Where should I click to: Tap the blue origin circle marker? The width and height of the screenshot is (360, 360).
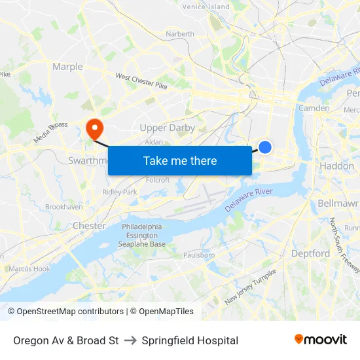tap(265, 147)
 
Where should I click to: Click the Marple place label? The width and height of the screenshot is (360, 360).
tap(67, 67)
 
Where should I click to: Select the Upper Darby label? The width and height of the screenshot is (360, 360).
tap(168, 128)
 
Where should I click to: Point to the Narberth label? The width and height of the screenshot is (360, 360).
tap(180, 34)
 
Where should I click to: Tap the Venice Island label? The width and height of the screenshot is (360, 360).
tap(206, 7)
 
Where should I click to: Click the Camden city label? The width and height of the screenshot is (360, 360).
tap(314, 108)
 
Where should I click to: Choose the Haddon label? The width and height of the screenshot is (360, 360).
tap(336, 166)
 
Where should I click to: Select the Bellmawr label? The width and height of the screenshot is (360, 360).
tap(338, 204)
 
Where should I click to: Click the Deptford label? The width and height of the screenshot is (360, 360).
tap(310, 253)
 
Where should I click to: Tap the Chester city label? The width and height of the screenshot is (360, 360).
tap(89, 226)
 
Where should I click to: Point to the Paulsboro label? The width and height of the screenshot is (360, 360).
tap(199, 255)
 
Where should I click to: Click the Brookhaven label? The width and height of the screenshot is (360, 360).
tap(63, 207)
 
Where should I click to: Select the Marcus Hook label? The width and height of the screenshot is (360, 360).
tap(29, 268)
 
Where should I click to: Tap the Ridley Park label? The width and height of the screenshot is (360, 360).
tap(120, 192)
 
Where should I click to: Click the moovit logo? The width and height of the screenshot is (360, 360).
tap(321, 340)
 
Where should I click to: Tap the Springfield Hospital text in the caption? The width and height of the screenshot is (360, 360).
tap(190, 340)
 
